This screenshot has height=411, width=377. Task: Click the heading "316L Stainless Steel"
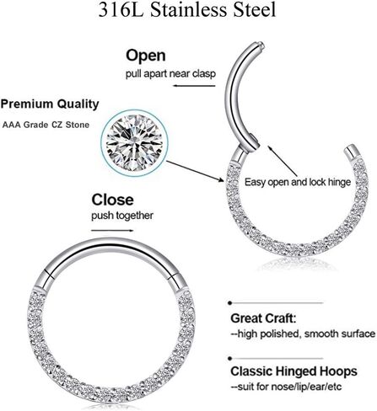click(x=187, y=10)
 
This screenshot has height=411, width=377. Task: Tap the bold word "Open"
click(x=146, y=56)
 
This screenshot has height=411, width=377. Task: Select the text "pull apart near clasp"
click(x=170, y=74)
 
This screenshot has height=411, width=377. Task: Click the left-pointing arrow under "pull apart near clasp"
click(x=194, y=85)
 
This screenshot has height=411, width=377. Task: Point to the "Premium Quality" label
click(x=50, y=104)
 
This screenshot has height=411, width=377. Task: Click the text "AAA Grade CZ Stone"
click(x=46, y=125)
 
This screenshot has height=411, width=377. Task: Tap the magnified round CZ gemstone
click(x=135, y=143)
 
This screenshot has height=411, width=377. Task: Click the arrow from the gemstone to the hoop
click(x=195, y=171)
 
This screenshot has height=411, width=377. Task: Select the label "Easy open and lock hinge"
click(x=298, y=182)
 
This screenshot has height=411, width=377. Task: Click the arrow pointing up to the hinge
click(x=283, y=161)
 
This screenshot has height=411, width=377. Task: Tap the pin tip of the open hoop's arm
click(x=261, y=45)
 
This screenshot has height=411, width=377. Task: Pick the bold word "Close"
click(x=112, y=200)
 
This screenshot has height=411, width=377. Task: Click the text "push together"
click(x=122, y=216)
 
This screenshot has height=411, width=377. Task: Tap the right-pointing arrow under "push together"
click(x=112, y=231)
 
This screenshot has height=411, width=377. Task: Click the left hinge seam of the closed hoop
click(x=50, y=275)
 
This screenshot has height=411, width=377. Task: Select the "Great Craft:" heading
click(x=263, y=318)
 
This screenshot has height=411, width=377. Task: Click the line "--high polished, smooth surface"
click(x=303, y=334)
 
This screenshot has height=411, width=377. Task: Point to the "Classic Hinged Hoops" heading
click(x=294, y=371)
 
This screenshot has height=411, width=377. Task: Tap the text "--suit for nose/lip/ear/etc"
click(x=286, y=387)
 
